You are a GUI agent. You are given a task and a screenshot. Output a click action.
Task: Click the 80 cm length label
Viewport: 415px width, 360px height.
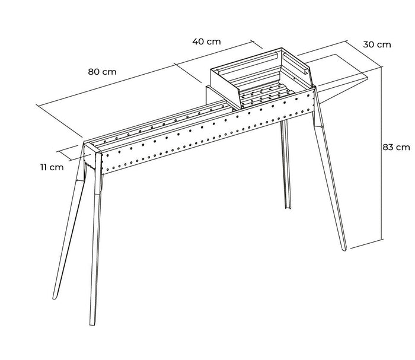[102, 71]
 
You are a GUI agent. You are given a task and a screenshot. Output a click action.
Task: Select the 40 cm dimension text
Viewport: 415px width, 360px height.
[206, 42]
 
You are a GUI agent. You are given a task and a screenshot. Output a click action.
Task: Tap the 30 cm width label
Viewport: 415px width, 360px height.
[377, 44]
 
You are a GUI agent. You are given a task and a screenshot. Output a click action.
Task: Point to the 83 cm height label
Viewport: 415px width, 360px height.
[395, 146]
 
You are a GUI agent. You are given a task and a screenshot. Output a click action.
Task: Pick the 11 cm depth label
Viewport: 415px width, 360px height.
[52, 167]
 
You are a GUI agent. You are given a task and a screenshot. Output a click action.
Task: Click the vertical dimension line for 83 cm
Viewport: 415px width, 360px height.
[380, 148]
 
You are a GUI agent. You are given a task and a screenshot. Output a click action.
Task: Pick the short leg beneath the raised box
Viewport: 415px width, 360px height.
[286, 166]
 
